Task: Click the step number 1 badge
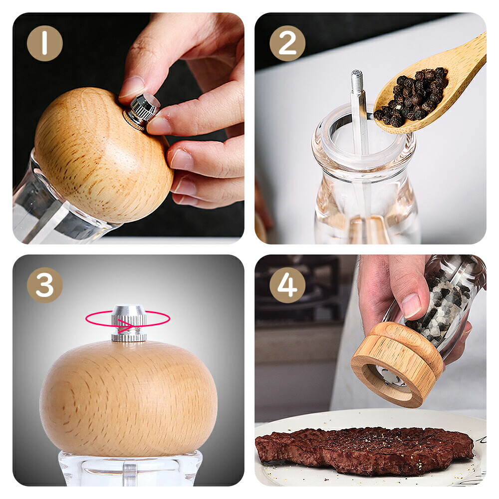(44, 43)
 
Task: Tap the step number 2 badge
(287, 43)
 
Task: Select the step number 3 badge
(44, 285)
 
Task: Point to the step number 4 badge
(287, 285)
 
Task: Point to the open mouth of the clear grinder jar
(363, 134)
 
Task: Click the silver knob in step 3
(129, 323)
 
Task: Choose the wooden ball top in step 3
(129, 398)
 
